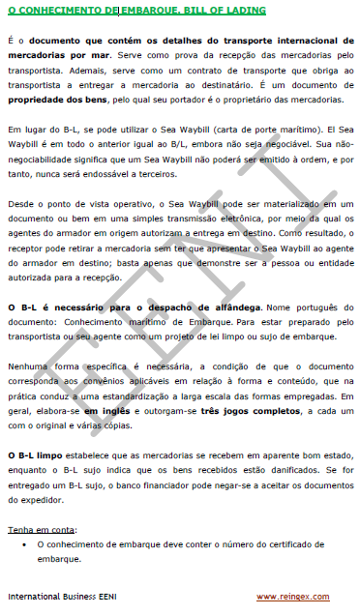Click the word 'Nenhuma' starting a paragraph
(30, 355)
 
